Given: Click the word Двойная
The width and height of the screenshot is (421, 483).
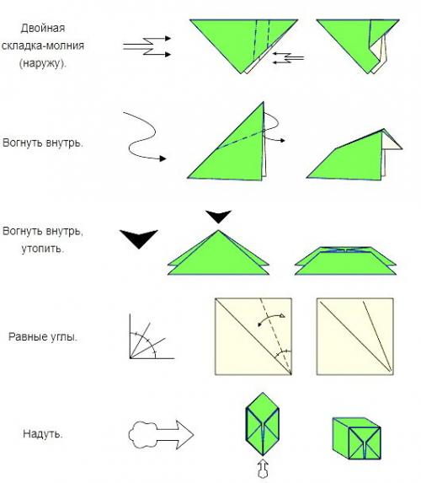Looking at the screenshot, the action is click(43, 28).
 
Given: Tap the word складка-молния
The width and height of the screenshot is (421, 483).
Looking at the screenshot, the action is click(43, 46).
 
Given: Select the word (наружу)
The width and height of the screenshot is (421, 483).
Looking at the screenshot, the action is click(43, 63).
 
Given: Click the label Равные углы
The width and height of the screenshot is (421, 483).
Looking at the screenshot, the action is click(43, 336).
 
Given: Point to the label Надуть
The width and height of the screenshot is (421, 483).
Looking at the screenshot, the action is click(43, 434).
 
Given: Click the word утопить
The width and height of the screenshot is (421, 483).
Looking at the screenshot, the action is click(43, 249).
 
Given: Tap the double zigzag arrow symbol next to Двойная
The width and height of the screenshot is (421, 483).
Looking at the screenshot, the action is click(147, 46).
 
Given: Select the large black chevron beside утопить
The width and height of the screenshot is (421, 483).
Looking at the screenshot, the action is click(139, 239).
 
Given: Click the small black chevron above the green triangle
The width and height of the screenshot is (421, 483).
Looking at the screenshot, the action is click(219, 217).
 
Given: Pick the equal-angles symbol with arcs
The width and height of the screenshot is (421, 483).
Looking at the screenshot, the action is click(152, 336).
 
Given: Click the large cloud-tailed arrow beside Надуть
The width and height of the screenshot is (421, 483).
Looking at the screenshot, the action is click(161, 435).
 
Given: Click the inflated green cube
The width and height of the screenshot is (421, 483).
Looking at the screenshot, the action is click(357, 438).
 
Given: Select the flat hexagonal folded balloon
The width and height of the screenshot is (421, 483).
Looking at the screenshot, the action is click(262, 424).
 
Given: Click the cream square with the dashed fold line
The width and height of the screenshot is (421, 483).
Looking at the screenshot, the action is click(253, 336).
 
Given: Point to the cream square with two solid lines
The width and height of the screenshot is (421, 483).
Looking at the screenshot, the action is click(354, 336).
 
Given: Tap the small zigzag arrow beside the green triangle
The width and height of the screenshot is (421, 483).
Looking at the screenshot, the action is click(288, 58).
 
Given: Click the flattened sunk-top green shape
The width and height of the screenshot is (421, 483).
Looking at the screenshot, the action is click(345, 260).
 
